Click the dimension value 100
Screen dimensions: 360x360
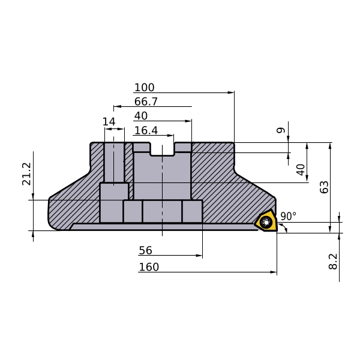(144, 88)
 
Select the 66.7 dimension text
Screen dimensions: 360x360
(146, 101)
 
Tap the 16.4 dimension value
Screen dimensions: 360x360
(146, 130)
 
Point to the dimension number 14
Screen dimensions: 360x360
(109, 122)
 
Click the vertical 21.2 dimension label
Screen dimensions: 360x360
(26, 174)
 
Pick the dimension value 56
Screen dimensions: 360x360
(145, 250)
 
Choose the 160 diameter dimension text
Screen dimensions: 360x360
(149, 267)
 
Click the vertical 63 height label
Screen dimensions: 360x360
(324, 187)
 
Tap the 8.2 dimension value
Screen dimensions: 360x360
(333, 261)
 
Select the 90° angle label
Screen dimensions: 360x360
(289, 216)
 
